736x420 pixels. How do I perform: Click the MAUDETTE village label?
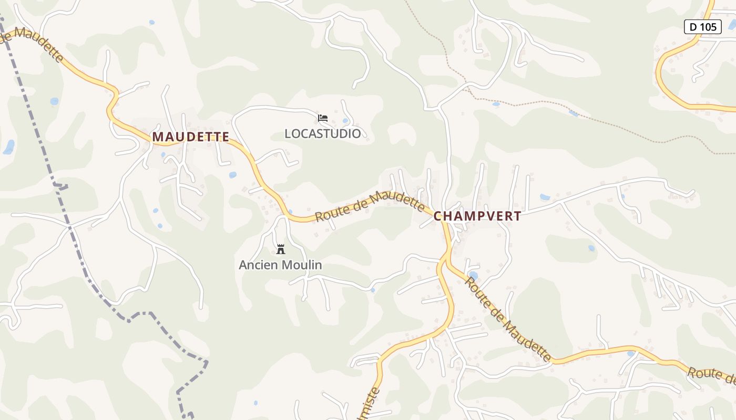click(x=190, y=137)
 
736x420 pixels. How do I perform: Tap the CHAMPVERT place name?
click(x=477, y=216)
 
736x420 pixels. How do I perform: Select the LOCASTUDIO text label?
click(x=323, y=134)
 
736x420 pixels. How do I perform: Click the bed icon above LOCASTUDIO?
click(x=323, y=118)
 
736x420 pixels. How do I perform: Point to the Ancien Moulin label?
click(x=280, y=265)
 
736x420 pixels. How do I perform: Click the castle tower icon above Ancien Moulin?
click(x=281, y=249)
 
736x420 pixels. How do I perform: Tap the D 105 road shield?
click(x=702, y=27)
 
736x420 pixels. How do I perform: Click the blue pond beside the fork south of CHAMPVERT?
click(x=473, y=275)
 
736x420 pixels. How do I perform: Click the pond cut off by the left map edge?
click(x=8, y=147)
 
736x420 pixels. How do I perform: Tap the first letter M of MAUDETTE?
click(x=158, y=137)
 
